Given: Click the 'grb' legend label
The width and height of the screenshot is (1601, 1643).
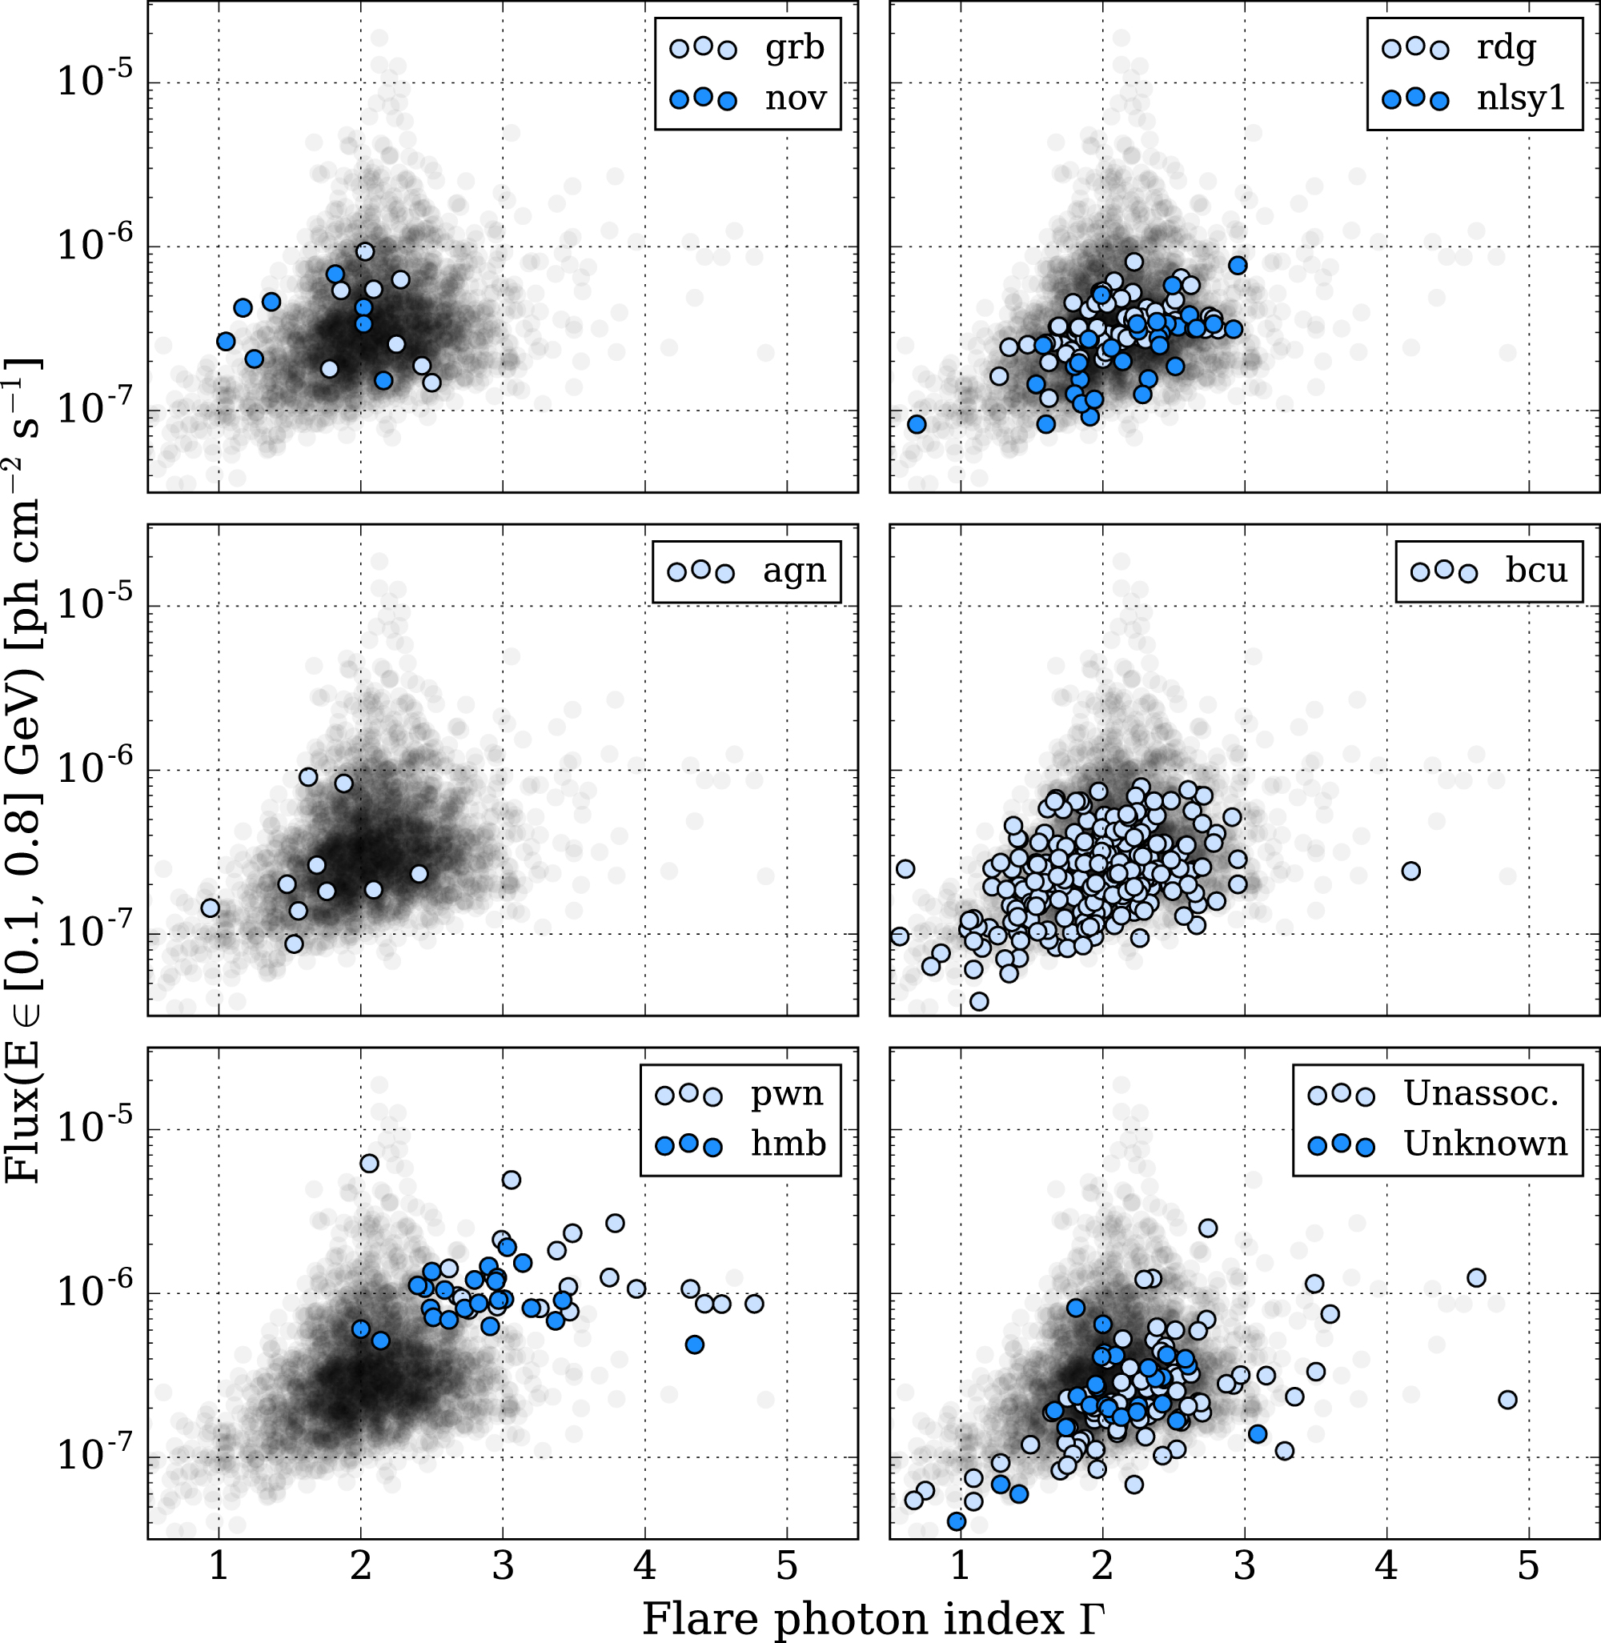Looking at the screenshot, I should point(794,48).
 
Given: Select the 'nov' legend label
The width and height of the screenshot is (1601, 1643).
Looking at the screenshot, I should point(796,98).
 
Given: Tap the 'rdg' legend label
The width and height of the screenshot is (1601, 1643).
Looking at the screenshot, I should point(1506,48).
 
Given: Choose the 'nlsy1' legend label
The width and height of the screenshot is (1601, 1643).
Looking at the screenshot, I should point(1521,98).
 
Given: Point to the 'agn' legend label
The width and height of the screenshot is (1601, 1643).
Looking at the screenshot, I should point(794,571).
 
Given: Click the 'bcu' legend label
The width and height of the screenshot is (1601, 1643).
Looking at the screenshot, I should point(1536,571).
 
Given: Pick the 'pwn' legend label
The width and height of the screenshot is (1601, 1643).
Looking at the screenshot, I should point(787,1094).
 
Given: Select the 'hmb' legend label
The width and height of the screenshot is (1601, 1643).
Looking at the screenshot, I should point(788,1144).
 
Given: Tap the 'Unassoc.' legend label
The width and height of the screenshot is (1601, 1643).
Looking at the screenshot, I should point(1482,1094).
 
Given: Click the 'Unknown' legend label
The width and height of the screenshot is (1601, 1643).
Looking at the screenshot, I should point(1485,1144).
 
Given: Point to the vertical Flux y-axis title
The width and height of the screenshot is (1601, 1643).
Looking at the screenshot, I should point(23,769).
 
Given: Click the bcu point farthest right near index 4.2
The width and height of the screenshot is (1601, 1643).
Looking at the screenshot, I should point(1411,871).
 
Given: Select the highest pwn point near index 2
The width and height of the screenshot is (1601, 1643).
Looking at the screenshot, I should point(369,1164).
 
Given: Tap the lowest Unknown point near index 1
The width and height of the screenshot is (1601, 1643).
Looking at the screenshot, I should point(956,1521).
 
